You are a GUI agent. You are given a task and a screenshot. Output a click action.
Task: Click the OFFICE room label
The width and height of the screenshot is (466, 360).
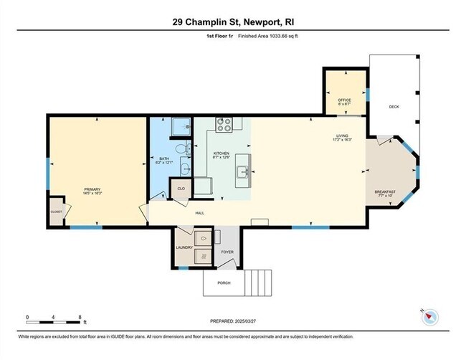pyautogui.click(x=343, y=99)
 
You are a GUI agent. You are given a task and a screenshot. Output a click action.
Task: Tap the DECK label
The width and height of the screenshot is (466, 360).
pyautogui.click(x=394, y=107)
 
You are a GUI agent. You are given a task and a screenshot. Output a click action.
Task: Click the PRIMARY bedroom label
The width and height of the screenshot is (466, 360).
pyautogui.click(x=93, y=189)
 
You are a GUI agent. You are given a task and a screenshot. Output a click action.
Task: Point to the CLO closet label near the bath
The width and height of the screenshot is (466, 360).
pyautogui.click(x=181, y=189)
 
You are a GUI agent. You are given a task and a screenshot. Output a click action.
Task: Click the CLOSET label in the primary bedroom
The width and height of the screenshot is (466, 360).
pyautogui.click(x=56, y=212)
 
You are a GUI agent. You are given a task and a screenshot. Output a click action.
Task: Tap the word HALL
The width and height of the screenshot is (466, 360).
pyautogui.click(x=201, y=212)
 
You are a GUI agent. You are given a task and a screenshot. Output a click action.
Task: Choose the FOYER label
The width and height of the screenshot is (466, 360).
pyautogui.click(x=227, y=252)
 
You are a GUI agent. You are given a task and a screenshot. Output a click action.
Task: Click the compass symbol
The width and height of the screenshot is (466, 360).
pyautogui.click(x=429, y=317)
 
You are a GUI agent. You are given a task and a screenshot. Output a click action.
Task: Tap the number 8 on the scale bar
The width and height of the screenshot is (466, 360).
pyautogui.click(x=80, y=317)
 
